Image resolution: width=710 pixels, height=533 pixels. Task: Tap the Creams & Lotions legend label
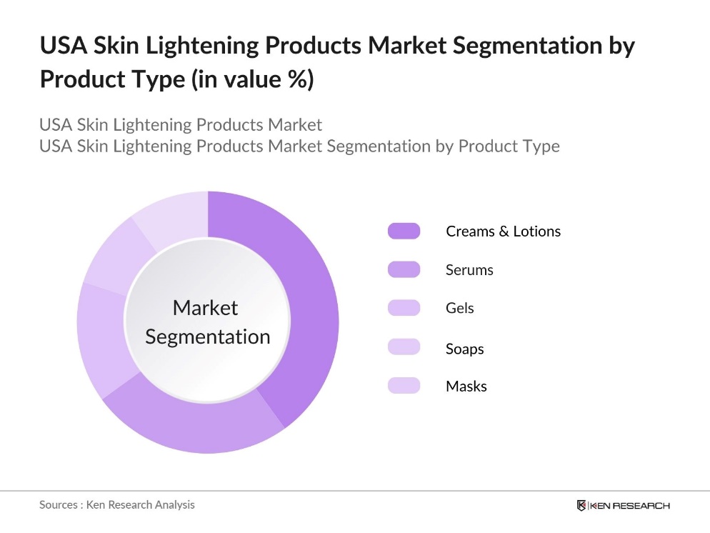click(503, 231)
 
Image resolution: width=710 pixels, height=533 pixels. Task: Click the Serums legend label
click(469, 270)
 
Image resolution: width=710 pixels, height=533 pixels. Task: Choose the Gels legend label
click(459, 309)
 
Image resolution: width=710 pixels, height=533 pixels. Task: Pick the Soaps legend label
click(464, 349)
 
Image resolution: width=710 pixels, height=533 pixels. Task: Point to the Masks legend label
click(466, 387)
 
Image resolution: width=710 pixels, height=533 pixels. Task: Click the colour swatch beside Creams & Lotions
click(404, 231)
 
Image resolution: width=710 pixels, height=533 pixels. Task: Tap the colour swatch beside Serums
click(404, 269)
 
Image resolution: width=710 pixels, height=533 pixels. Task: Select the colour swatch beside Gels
click(404, 308)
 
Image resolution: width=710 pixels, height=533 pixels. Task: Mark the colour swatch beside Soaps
click(404, 347)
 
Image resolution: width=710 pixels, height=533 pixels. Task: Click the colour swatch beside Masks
click(404, 386)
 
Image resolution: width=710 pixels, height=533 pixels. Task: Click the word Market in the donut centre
click(205, 308)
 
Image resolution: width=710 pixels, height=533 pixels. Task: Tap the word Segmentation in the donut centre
click(207, 337)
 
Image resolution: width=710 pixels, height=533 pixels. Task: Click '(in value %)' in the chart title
click(252, 79)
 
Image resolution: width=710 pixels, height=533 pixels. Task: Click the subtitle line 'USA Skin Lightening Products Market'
click(181, 124)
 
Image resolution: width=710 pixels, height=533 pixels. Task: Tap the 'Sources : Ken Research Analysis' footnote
click(116, 504)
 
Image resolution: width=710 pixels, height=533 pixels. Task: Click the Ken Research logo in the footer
click(623, 505)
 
